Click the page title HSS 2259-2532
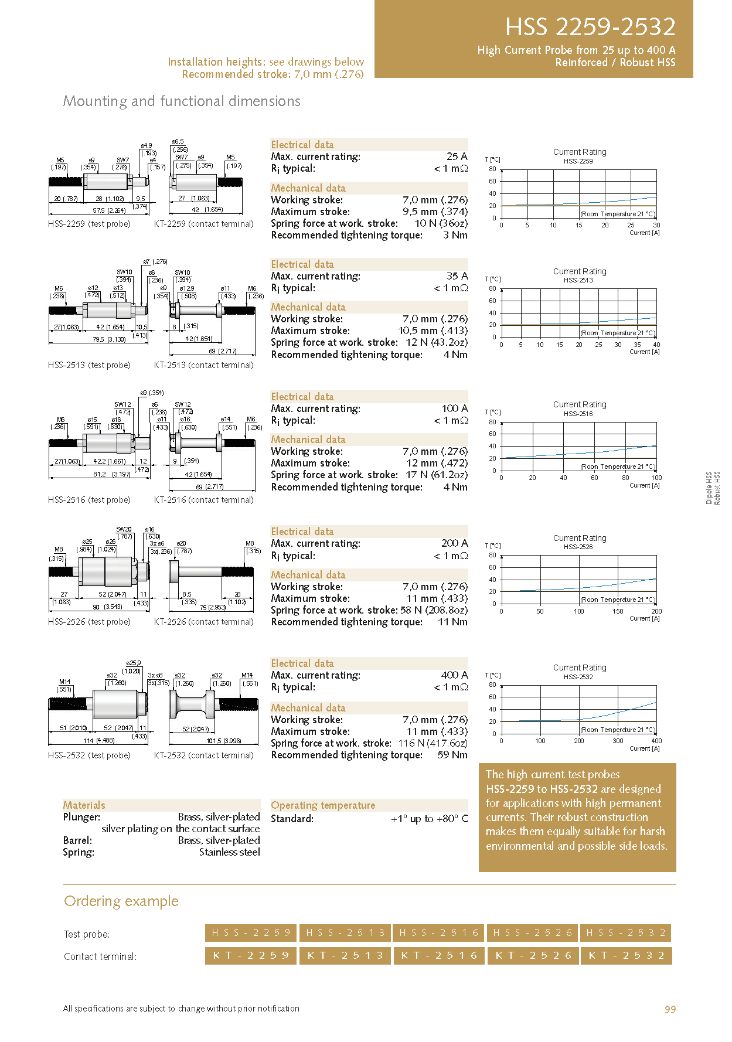(x=590, y=27)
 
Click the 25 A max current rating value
(x=457, y=156)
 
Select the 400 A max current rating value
(x=454, y=675)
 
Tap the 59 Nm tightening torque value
(x=452, y=755)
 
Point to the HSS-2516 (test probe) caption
(x=89, y=500)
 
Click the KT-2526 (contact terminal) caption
(x=203, y=622)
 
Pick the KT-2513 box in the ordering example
(x=345, y=955)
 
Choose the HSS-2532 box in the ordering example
(x=626, y=932)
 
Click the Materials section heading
(x=84, y=805)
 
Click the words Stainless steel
(x=229, y=852)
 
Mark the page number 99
(x=670, y=1009)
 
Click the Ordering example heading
(x=121, y=901)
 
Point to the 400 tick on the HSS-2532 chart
(x=656, y=741)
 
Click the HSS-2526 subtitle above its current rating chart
(x=578, y=547)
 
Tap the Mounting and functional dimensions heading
(x=182, y=101)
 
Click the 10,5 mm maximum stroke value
(x=433, y=331)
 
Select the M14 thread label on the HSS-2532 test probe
(x=64, y=682)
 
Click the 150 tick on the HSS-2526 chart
(x=618, y=611)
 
